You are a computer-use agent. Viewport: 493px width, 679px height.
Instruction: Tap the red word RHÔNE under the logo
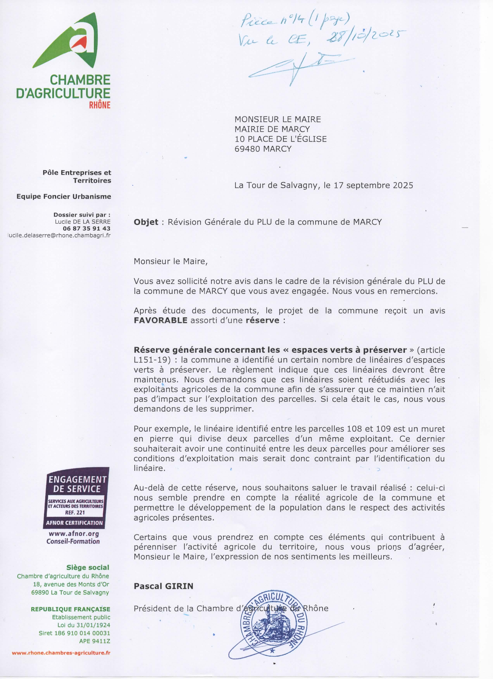click(100, 105)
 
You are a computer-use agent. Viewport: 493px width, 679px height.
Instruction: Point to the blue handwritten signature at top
click(296, 67)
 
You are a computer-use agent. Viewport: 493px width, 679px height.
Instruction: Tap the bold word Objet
click(146, 222)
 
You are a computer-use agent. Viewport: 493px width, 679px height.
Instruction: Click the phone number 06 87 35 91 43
click(86, 228)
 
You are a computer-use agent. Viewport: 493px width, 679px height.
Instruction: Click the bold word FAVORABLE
click(160, 320)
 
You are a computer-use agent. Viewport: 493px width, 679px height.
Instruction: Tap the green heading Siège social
click(88, 567)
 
